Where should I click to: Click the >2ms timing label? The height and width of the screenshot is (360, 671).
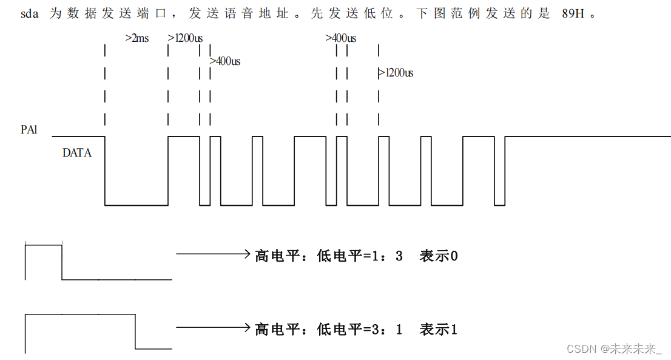137,38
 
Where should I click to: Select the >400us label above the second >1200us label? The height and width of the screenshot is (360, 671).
340,38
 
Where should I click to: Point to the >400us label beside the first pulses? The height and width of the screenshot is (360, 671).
224,61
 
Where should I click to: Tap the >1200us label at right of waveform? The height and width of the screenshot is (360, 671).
396,73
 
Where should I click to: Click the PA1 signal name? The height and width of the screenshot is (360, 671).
29,129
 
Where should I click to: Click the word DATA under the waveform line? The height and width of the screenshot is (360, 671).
77,153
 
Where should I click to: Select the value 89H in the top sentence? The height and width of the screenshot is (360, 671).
573,13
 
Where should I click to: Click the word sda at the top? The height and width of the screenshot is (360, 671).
29,13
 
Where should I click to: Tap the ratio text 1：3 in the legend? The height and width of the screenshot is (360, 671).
388,256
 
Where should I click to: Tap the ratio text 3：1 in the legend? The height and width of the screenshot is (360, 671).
388,330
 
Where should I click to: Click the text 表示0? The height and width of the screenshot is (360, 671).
438,256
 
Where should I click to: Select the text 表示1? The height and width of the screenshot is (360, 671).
438,330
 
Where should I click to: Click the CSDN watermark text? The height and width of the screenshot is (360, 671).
613,348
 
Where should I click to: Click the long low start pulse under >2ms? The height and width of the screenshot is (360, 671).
137,205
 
